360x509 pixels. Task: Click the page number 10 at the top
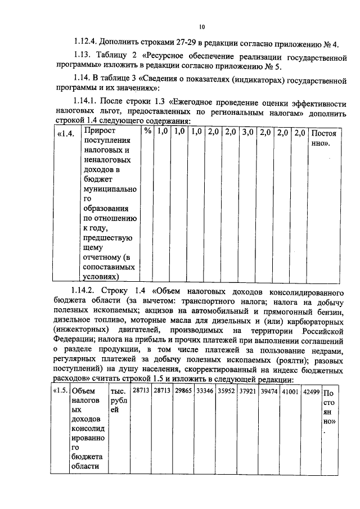coord(202,26)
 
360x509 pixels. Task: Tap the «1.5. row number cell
coord(60,391)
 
